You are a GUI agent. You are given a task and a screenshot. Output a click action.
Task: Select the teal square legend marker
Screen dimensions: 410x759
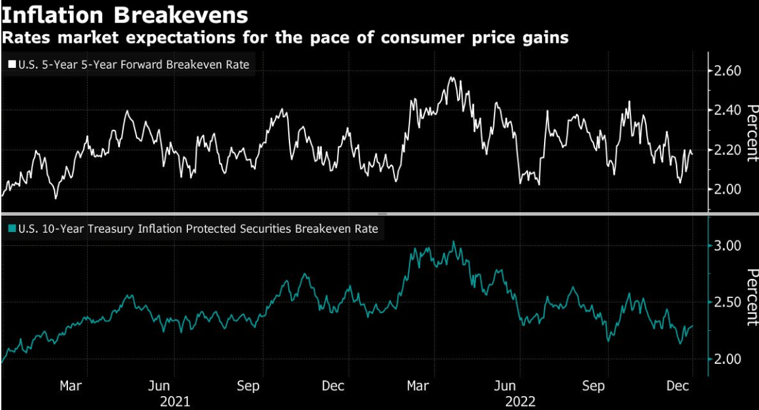(12, 229)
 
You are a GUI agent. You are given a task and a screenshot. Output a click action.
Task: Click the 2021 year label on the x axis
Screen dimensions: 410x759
(174, 401)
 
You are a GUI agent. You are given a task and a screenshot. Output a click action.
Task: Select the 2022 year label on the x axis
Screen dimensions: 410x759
(520, 401)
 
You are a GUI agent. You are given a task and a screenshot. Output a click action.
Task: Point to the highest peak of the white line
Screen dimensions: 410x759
(452, 78)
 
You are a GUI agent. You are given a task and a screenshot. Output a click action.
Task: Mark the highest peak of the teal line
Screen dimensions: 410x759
(454, 242)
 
